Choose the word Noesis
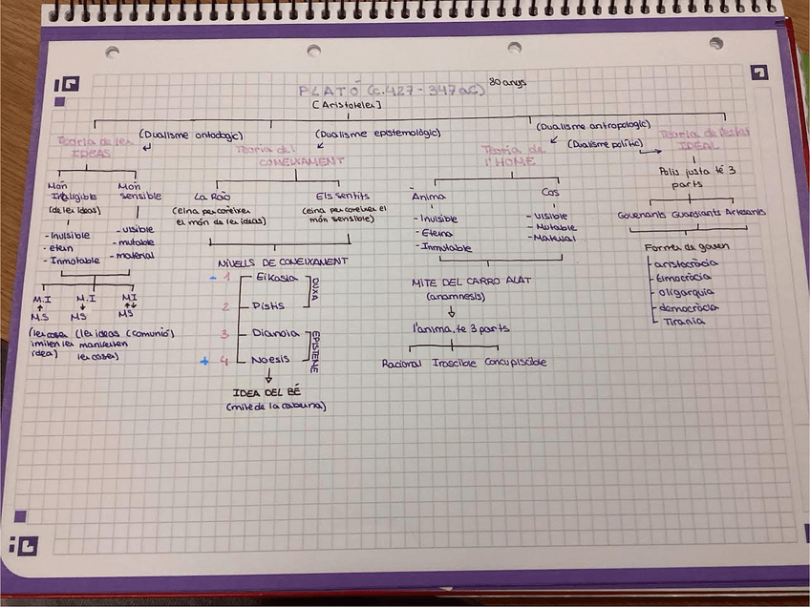tap(270, 360)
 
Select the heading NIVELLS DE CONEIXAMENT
tap(283, 261)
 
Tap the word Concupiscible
tap(516, 363)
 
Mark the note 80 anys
tap(507, 83)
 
